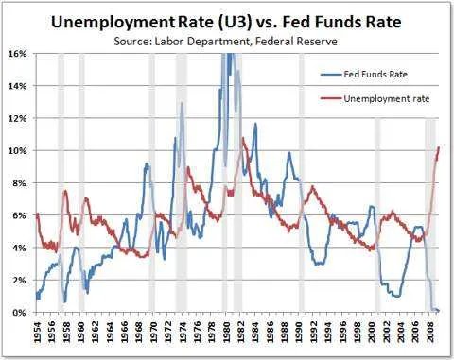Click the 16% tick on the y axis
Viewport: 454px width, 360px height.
(19, 54)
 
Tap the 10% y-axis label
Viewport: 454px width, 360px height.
(19, 151)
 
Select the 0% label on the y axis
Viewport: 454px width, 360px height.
(21, 312)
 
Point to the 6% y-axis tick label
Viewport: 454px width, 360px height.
(21, 215)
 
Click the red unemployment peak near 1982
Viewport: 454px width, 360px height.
(243, 139)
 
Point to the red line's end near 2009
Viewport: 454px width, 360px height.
(439, 147)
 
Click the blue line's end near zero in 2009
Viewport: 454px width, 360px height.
(438, 310)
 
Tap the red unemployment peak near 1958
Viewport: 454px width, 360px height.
(65, 192)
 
